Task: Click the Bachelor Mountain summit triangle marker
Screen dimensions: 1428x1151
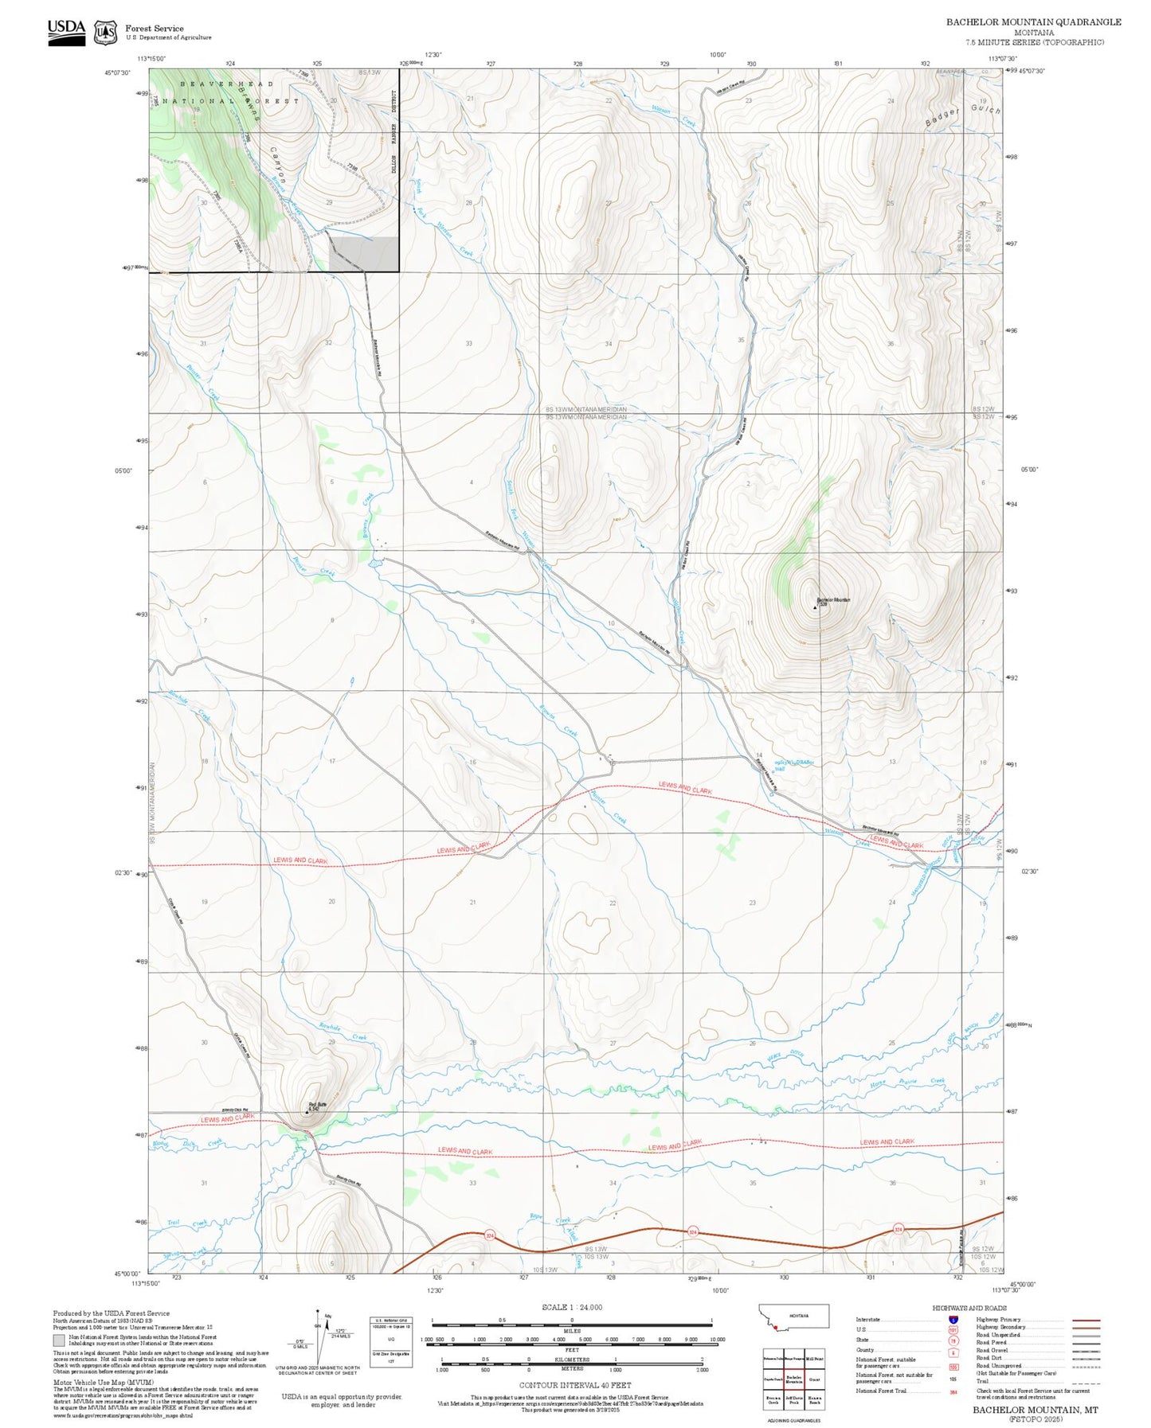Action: click(815, 607)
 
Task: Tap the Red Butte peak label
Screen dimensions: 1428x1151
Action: click(318, 1104)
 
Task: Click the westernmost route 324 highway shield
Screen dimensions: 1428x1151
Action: click(489, 1235)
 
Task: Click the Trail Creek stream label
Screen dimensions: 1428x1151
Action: click(187, 1223)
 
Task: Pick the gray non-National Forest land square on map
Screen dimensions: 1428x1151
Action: click(364, 254)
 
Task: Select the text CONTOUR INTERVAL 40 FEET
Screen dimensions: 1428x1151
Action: click(574, 1385)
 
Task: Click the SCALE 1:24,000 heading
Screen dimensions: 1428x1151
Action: click(571, 1307)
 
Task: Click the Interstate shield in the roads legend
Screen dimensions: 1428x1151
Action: click(953, 1320)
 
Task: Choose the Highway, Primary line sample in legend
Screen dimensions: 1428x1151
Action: click(1086, 1320)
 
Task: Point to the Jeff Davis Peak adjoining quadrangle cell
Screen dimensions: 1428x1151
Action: click(793, 1399)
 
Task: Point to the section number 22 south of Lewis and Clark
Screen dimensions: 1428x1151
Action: click(613, 903)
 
